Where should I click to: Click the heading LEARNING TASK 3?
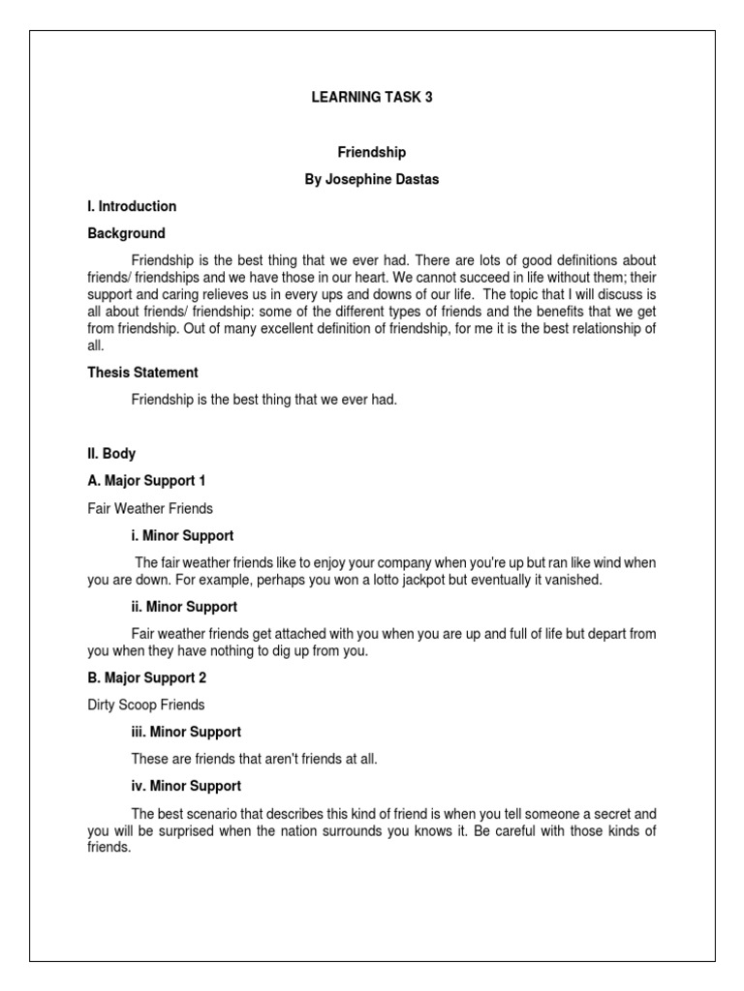tap(371, 98)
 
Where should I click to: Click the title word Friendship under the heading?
tap(371, 152)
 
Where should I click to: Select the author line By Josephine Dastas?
tap(371, 179)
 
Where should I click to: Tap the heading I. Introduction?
tap(132, 206)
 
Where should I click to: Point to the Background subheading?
tap(126, 233)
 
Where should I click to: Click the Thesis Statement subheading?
tap(142, 373)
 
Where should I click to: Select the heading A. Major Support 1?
tap(146, 481)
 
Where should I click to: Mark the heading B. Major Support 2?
tap(146, 678)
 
